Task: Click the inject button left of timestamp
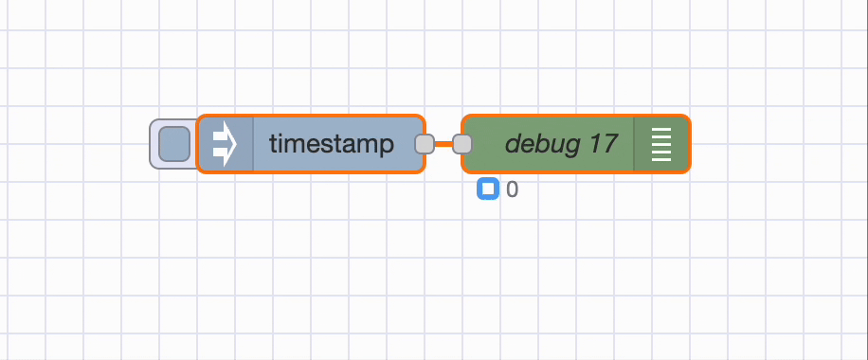point(173,144)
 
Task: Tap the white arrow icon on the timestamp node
point(224,144)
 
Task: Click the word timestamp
point(332,144)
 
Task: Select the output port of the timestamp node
point(425,144)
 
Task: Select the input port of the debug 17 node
point(462,144)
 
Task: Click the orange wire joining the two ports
point(443,144)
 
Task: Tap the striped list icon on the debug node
point(661,144)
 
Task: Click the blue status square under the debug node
point(488,189)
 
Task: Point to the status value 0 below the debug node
point(513,189)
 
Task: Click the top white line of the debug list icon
point(661,129)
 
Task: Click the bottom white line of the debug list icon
point(661,159)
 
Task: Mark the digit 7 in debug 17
point(610,144)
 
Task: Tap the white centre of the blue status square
point(488,189)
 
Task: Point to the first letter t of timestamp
point(273,144)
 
